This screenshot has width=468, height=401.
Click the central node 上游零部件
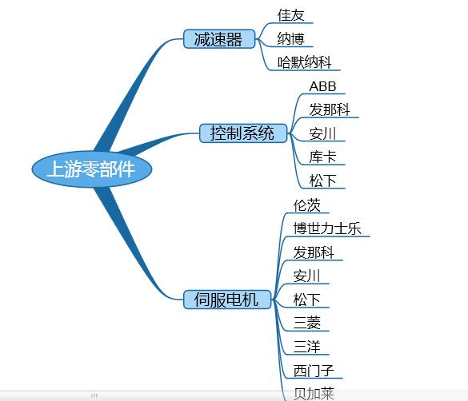pos(92,169)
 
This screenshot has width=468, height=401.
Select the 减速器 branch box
pos(219,38)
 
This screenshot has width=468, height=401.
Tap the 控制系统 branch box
pos(243,133)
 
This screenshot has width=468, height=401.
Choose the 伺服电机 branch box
pos(227,299)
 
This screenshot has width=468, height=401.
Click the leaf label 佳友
pos(290,15)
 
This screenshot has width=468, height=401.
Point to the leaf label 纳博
pos(290,38)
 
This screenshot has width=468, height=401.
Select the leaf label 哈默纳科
pos(305,62)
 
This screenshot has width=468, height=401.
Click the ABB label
pos(322,87)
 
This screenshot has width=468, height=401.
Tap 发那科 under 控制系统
pos(330,109)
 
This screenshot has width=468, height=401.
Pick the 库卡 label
pos(322,157)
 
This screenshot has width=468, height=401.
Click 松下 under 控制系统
pos(322,181)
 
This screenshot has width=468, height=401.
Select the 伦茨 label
pos(307,205)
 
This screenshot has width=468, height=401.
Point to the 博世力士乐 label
pos(327,228)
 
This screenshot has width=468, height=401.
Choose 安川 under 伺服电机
pos(307,276)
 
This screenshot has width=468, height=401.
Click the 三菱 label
pos(307,324)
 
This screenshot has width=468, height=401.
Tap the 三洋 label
pos(307,347)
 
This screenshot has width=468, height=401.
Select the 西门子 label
pos(314,371)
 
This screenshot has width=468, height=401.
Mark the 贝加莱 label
pos(314,394)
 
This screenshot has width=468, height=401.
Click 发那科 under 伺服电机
pos(314,252)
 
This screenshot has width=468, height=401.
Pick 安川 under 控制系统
pos(322,133)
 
